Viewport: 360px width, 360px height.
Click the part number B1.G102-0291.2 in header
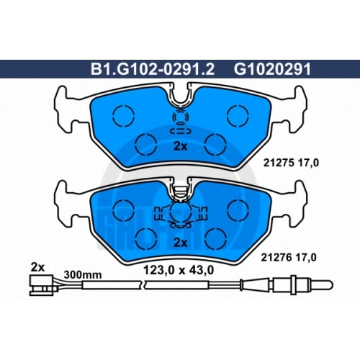click(153, 69)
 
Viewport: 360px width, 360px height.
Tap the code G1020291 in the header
click(272, 69)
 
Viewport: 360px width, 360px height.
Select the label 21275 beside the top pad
click(279, 163)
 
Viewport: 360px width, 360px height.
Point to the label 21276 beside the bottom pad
click(276, 258)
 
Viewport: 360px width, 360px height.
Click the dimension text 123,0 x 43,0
click(179, 271)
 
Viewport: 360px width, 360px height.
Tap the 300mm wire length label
click(83, 275)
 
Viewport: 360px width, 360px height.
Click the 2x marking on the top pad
click(180, 146)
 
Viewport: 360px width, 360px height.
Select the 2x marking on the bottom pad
click(180, 243)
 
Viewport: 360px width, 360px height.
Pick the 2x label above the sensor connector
click(37, 267)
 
